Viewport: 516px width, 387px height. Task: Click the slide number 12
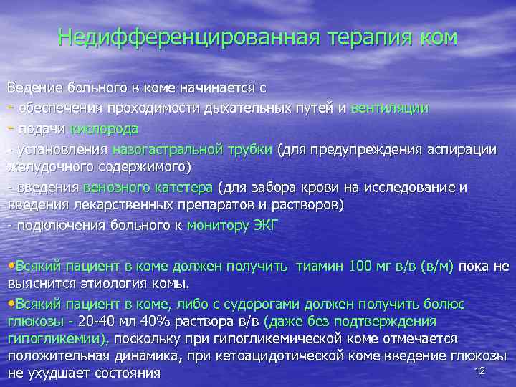(x=480, y=370)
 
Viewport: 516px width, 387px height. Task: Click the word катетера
(x=182, y=188)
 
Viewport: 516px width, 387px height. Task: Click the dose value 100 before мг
(x=359, y=266)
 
